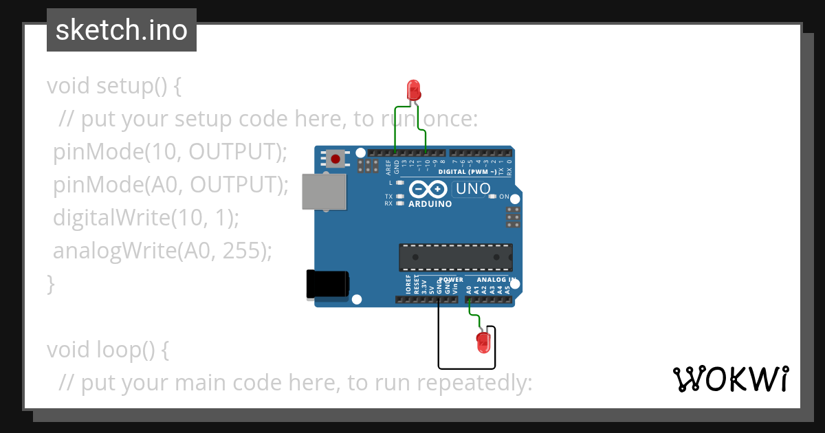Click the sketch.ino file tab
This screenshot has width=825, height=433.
122,30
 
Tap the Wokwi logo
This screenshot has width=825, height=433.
730,379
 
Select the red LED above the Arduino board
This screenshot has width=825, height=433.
413,89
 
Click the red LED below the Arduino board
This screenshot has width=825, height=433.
483,342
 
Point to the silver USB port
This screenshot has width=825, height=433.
324,191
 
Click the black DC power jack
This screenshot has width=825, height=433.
327,284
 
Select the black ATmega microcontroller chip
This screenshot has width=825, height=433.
455,256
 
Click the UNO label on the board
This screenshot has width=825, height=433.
474,188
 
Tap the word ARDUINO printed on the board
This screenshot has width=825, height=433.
430,204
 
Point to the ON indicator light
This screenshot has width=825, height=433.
492,197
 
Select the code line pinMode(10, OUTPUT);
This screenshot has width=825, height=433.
170,152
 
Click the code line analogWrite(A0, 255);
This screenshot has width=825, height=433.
163,251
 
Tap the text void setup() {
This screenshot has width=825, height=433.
114,87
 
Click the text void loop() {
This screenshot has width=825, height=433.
107,350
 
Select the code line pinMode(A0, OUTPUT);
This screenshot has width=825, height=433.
170,185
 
